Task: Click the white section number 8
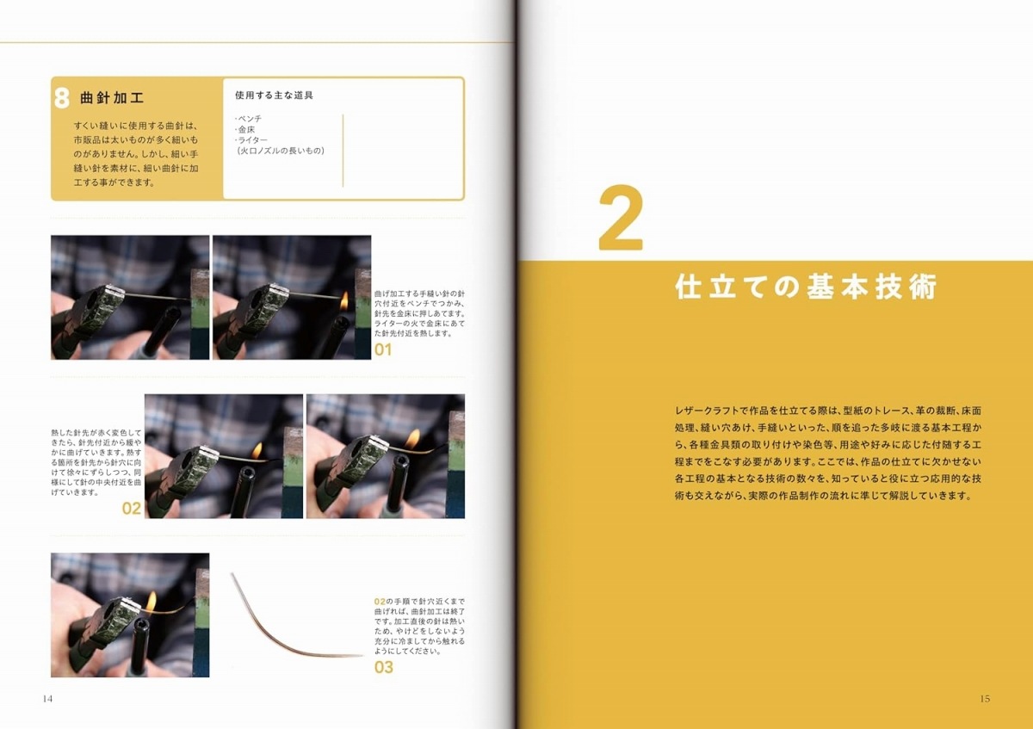pos(62,98)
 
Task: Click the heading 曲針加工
pos(112,98)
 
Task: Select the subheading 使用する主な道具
pos(274,96)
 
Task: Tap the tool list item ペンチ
pos(249,119)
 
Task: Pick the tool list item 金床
pos(246,130)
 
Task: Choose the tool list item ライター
pos(251,139)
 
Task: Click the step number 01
pos(383,349)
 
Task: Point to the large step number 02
pos(132,508)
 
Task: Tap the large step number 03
pos(384,667)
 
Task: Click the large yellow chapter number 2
pos(621,218)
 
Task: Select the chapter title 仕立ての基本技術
pos(806,287)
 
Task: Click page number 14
pos(47,699)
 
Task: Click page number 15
pos(985,699)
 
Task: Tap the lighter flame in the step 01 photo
pos(344,300)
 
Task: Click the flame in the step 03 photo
pos(152,602)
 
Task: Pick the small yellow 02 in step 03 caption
pos(380,602)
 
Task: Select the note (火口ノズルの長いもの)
pos(281,151)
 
